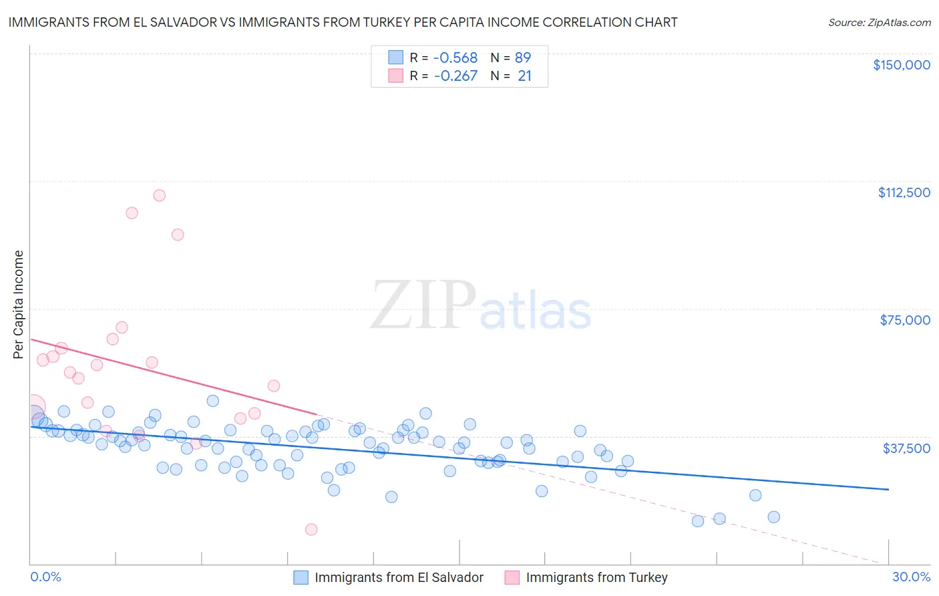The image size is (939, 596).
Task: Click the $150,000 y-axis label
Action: point(901,65)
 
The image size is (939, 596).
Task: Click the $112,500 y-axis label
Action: point(904,192)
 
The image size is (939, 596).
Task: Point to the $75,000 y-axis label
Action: point(905,320)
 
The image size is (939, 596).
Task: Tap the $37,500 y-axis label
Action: point(906,448)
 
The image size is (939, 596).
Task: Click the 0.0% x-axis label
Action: point(45,577)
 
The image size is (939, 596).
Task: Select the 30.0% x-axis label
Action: point(911,577)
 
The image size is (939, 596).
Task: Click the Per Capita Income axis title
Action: point(19,305)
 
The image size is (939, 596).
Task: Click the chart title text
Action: point(343,23)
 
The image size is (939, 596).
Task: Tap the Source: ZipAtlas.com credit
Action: point(879,23)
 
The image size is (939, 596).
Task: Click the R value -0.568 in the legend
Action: point(455,58)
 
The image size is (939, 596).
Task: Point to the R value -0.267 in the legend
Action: point(455,76)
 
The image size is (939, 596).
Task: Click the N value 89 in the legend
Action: point(522,58)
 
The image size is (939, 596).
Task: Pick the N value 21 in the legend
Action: point(524,76)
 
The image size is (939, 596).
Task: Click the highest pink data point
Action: point(159,196)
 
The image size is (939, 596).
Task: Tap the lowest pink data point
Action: point(311,530)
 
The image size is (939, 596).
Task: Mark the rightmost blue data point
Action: point(773,517)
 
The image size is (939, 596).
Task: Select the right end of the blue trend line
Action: point(888,490)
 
